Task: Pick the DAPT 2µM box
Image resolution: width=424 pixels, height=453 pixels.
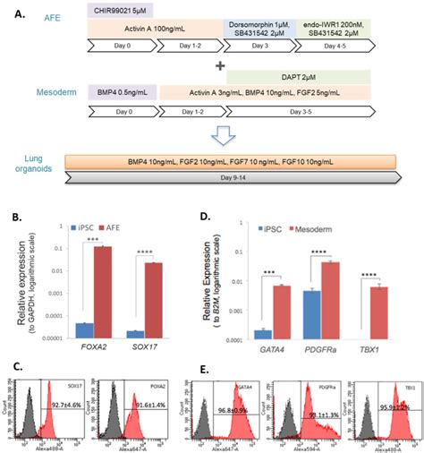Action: click(299, 79)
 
